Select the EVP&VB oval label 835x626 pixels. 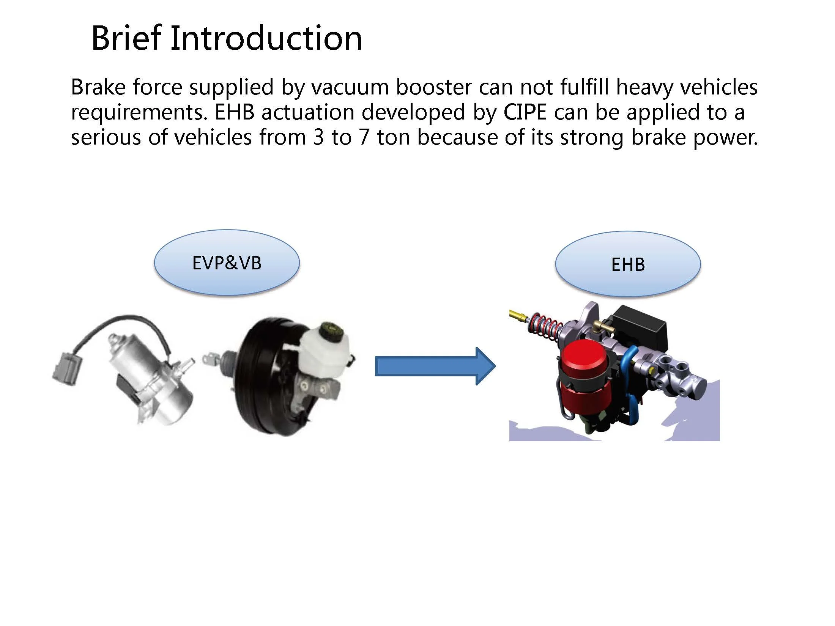coord(227,263)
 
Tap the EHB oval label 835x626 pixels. coord(628,264)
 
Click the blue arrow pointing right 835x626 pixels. coord(435,366)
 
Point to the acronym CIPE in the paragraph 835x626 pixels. coord(525,112)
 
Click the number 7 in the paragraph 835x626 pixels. coord(364,137)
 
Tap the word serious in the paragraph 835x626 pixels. coord(106,137)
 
